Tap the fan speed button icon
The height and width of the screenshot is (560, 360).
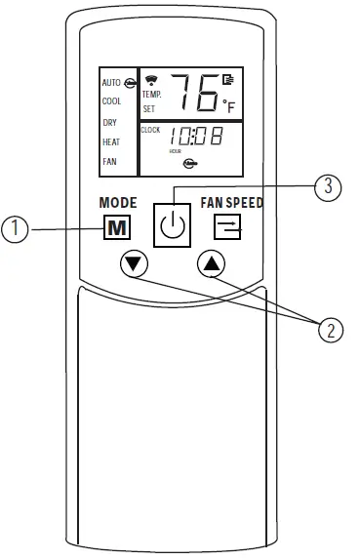tap(229, 228)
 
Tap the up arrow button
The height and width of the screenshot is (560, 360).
tap(210, 262)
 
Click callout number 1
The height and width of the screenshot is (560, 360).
tap(14, 230)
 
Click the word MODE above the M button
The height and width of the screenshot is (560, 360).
tap(118, 204)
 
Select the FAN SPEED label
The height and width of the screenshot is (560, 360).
tap(232, 204)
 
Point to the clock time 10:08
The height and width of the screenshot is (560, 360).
tap(191, 139)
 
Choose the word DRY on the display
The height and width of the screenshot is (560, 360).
tap(109, 122)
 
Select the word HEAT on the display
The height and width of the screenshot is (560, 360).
tap(110, 142)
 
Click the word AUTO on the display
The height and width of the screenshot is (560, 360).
tap(110, 83)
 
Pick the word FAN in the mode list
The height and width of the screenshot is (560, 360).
tap(109, 162)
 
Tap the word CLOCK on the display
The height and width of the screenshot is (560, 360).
tap(149, 130)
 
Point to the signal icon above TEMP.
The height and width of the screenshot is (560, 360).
tap(150, 79)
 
